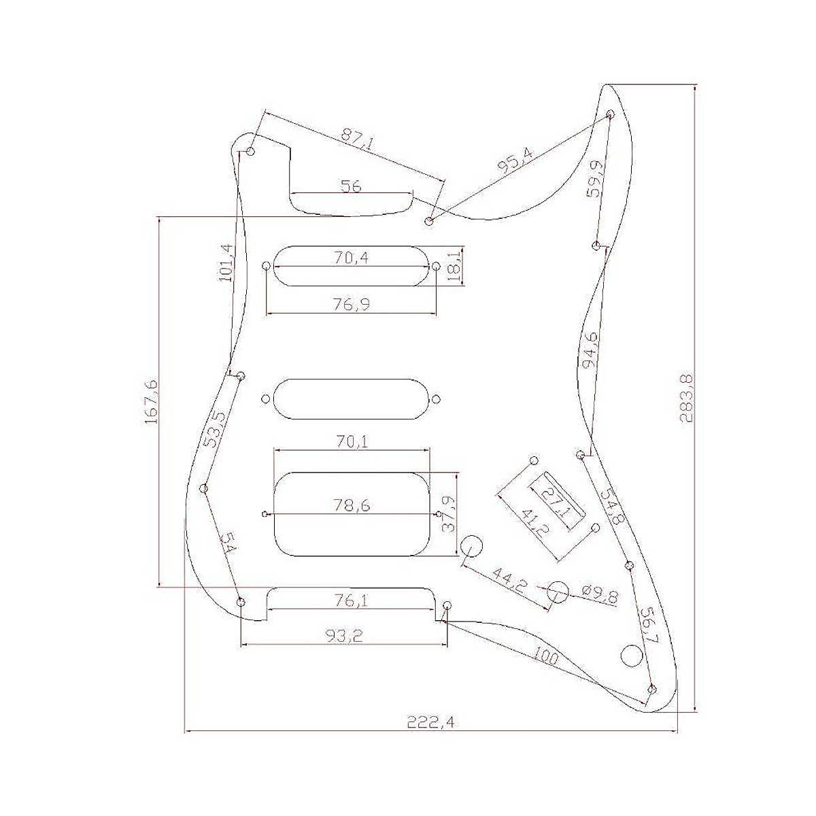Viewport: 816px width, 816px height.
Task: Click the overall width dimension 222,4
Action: click(x=431, y=722)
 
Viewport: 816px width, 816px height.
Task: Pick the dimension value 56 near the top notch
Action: click(x=351, y=186)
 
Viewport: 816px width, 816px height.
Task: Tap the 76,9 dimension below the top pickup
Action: click(x=352, y=304)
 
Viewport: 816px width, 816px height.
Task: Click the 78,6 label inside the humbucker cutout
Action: click(x=351, y=505)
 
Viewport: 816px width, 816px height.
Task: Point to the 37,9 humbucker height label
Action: click(x=447, y=514)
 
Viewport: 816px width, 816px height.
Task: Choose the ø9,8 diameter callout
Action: click(x=599, y=596)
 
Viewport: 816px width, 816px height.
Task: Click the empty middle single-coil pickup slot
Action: click(x=351, y=398)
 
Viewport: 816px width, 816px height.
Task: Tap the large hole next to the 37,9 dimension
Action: click(x=472, y=545)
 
